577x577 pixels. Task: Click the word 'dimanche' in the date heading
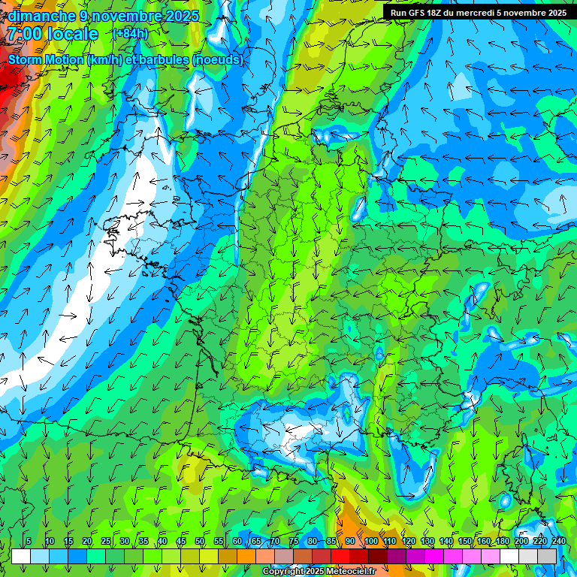(x=39, y=16)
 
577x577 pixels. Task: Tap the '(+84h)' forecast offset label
(x=130, y=34)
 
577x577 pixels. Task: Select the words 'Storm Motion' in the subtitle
(x=46, y=59)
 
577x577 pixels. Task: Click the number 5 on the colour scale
(x=29, y=542)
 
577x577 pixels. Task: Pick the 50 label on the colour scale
(x=200, y=542)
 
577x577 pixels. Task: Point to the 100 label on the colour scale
(x=371, y=542)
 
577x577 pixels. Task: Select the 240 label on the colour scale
(x=559, y=542)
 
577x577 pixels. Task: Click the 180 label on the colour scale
(x=503, y=542)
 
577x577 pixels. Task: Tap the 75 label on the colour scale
(x=294, y=542)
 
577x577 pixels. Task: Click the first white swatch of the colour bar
(x=21, y=556)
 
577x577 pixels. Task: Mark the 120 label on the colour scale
(x=409, y=542)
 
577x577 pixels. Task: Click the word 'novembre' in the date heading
(x=128, y=16)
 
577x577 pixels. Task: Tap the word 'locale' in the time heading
(x=72, y=35)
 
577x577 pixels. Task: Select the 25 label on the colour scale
(x=106, y=542)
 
